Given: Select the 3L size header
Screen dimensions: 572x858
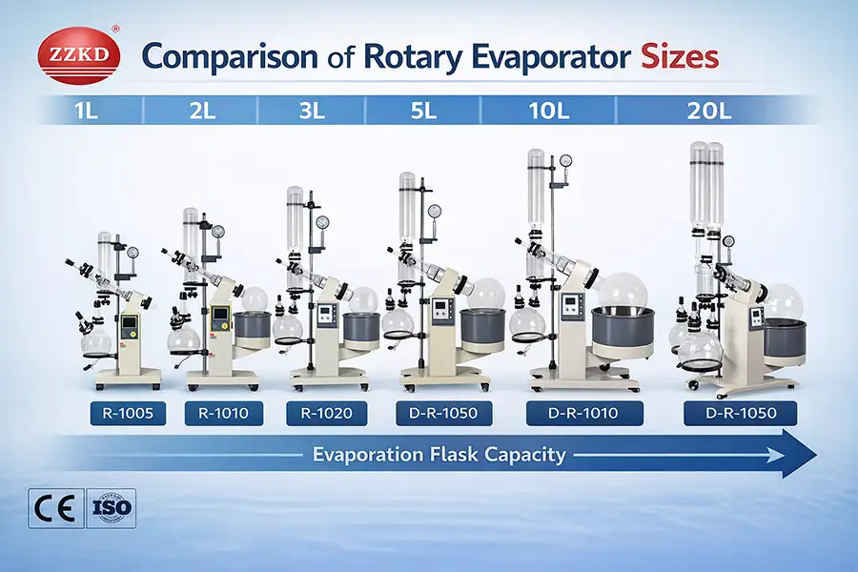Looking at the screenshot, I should (312, 111).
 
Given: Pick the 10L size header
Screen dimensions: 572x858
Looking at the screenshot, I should (551, 111).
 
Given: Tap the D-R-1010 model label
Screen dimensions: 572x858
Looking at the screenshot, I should (584, 414).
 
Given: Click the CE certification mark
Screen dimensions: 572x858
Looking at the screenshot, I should (53, 507).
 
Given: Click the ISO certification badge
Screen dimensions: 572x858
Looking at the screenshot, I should (111, 507).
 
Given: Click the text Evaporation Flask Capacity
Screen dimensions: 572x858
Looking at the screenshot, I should (439, 455).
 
